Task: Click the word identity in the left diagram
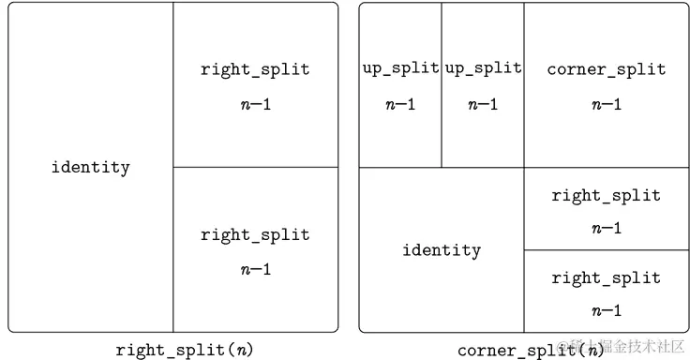(x=90, y=168)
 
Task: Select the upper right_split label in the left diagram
(x=255, y=69)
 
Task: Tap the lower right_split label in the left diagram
(x=255, y=234)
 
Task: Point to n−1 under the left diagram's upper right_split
(x=255, y=104)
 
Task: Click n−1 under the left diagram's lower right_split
(x=255, y=269)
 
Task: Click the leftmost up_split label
(x=400, y=68)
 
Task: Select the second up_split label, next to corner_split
(x=483, y=68)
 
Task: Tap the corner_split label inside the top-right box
(x=606, y=69)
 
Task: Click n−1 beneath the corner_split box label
(x=606, y=104)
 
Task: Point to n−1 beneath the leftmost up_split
(x=400, y=104)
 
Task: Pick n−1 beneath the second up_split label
(x=483, y=104)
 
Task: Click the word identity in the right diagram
(x=442, y=250)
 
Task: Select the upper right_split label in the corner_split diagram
(x=606, y=196)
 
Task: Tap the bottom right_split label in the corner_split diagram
(x=606, y=278)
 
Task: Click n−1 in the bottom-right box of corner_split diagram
(x=606, y=310)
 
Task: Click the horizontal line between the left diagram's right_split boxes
(x=255, y=167)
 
